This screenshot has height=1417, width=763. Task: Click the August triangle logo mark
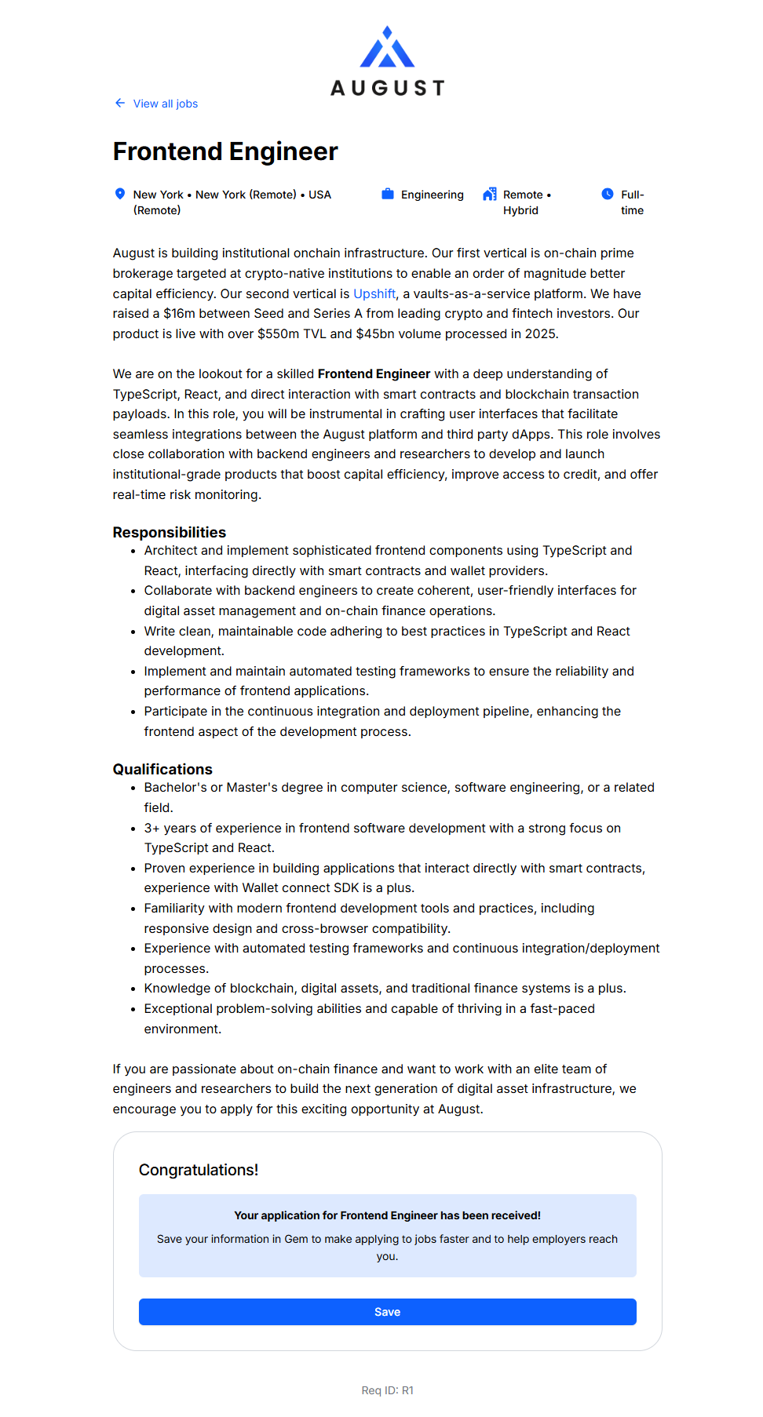click(387, 49)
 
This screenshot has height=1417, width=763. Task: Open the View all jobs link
click(165, 104)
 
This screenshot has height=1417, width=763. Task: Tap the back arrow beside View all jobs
click(120, 103)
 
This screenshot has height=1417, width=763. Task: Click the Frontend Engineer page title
click(225, 151)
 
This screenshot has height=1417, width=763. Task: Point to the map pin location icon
click(120, 194)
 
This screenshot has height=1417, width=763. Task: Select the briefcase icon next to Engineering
click(388, 194)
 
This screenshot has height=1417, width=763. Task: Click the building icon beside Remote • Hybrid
click(490, 194)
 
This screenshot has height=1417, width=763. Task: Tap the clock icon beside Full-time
click(608, 194)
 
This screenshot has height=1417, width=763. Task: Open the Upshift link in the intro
click(374, 293)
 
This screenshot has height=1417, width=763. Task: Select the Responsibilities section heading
click(170, 532)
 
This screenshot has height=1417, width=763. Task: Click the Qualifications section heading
click(162, 769)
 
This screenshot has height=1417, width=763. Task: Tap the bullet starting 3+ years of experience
click(382, 828)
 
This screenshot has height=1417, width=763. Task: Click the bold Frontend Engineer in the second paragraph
click(374, 373)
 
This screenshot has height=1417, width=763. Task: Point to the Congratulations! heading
click(199, 1170)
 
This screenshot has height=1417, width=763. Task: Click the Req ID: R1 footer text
click(387, 1390)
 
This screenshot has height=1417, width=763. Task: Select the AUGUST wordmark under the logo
click(387, 88)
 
